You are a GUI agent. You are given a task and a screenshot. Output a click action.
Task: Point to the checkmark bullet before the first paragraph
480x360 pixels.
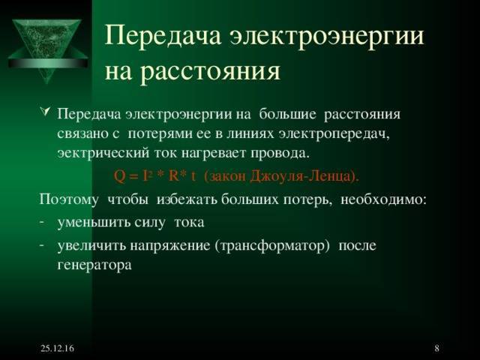tap(45, 112)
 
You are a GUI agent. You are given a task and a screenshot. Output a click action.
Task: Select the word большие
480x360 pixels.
tap(287, 115)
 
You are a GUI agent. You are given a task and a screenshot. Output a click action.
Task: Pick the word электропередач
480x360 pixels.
tap(333, 135)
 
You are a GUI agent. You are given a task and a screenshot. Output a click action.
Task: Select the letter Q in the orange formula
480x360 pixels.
tap(119, 176)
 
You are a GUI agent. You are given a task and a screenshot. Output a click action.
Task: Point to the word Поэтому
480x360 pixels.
tap(69, 200)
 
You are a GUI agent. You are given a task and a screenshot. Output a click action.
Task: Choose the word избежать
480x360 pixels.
tap(187, 199)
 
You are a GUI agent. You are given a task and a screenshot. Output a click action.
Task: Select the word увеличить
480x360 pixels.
tap(91, 245)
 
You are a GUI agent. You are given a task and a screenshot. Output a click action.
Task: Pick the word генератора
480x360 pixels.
tap(94, 265)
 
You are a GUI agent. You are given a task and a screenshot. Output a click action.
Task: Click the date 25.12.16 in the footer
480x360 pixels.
tap(57, 348)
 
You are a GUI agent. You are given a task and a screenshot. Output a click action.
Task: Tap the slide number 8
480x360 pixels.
tap(436, 348)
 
